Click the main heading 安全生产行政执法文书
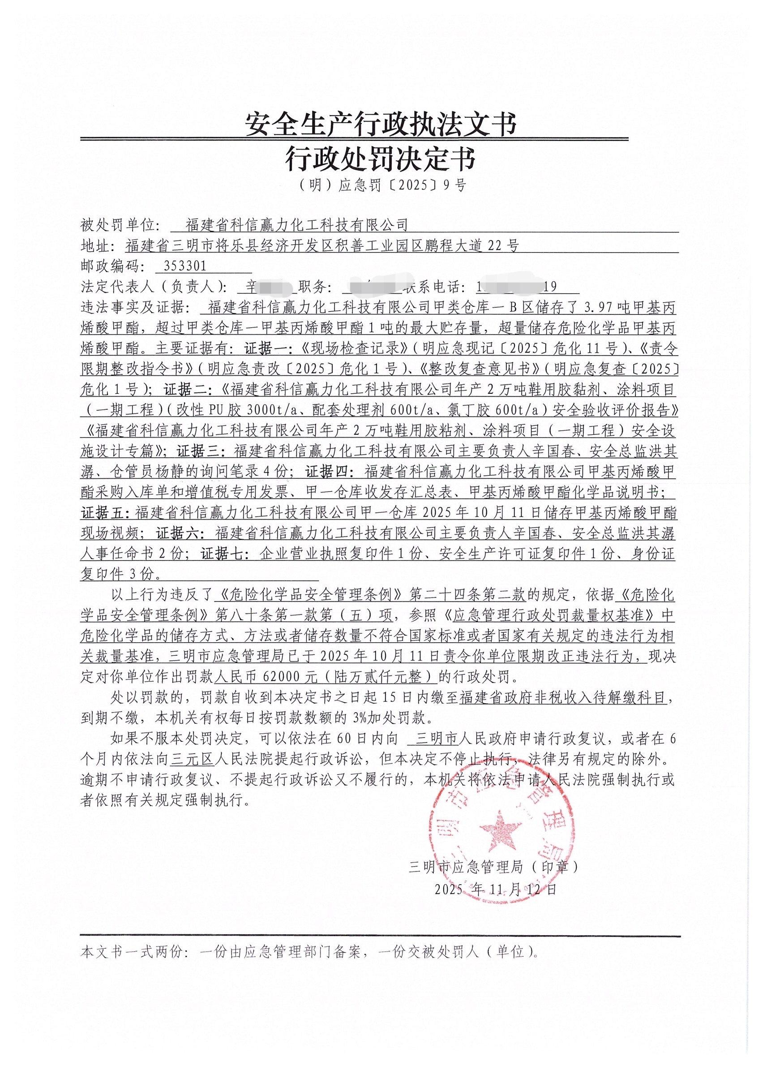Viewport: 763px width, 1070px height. tap(381, 125)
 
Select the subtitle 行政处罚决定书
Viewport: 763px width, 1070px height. tap(381, 159)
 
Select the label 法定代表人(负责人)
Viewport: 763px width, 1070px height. tap(153, 287)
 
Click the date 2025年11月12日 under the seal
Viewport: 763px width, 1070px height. tap(496, 889)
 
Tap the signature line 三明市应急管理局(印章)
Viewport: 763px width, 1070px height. tap(493, 867)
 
